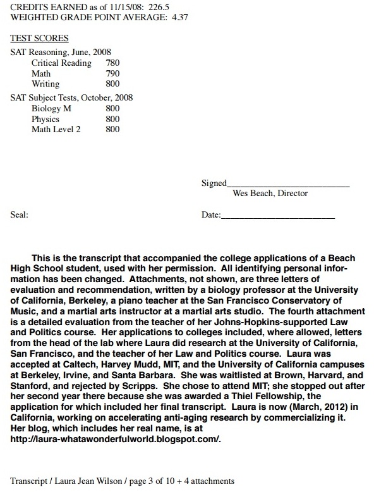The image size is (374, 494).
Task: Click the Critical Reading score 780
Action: click(112, 63)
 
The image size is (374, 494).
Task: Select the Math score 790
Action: click(112, 73)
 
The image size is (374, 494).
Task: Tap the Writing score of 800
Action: click(112, 83)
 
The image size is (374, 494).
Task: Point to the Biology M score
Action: click(112, 109)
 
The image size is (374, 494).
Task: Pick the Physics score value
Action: click(112, 119)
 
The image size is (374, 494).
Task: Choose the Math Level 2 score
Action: click(112, 129)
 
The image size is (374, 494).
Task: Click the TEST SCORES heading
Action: click(40, 39)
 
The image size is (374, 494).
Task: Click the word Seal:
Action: click(20, 215)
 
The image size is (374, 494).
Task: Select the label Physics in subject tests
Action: click(45, 119)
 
